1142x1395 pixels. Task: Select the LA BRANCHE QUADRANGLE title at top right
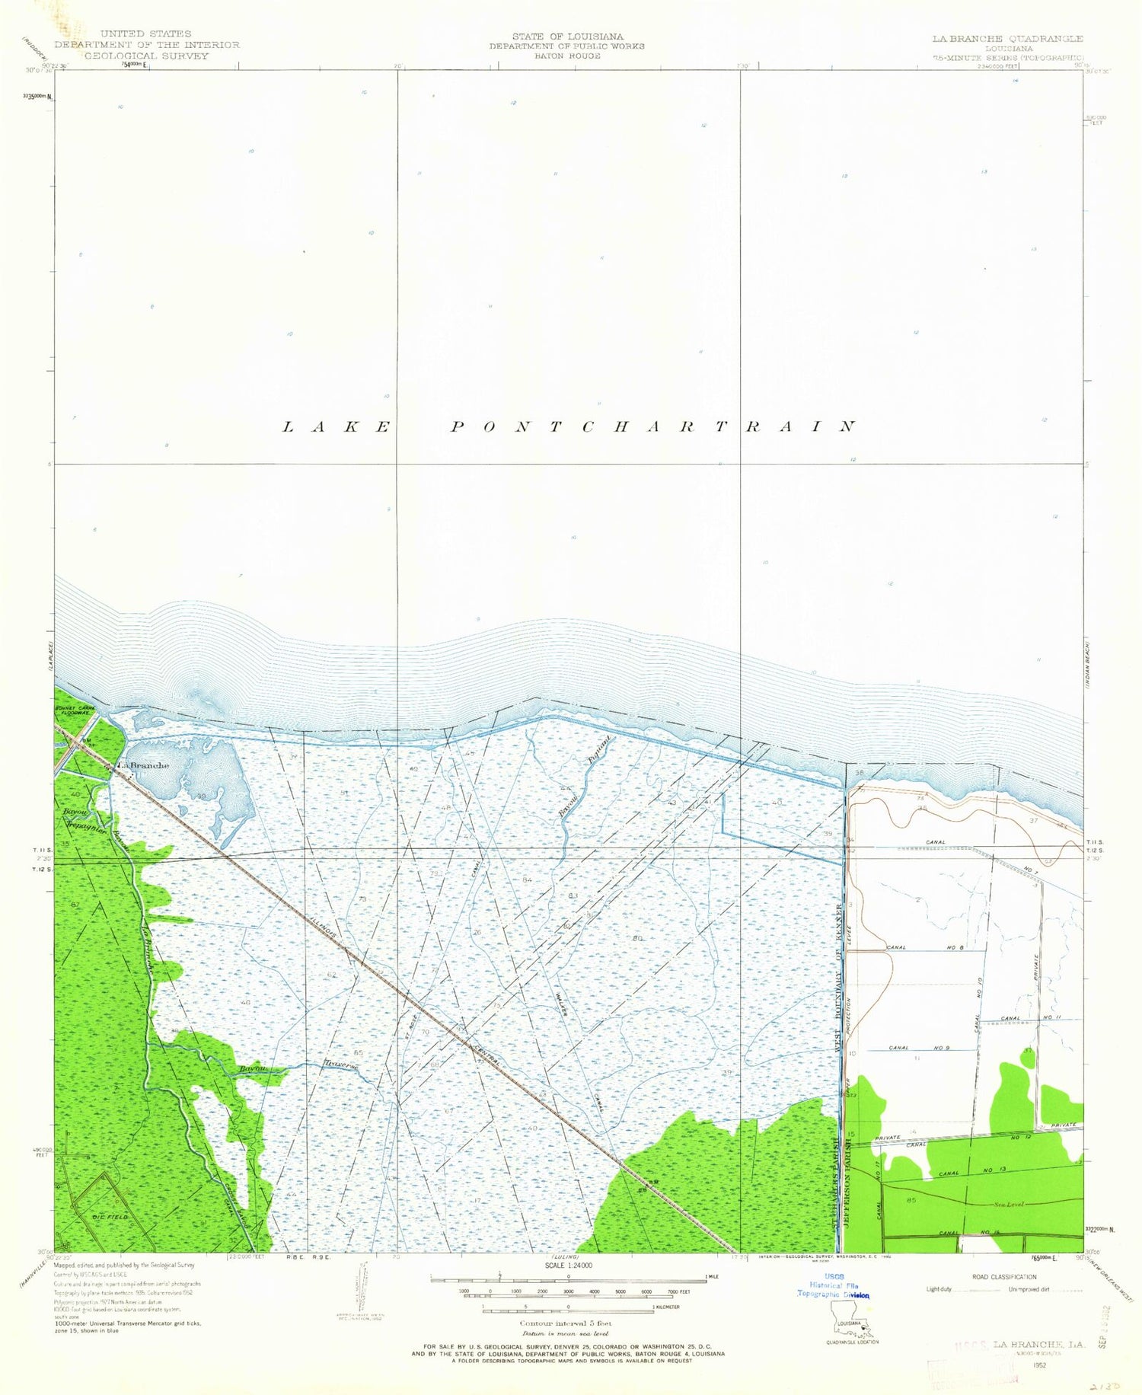(1007, 38)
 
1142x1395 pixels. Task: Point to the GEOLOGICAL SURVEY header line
(145, 56)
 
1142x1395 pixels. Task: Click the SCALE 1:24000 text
(567, 1265)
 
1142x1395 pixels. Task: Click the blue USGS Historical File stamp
(833, 1289)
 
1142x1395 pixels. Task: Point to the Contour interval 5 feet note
(566, 1323)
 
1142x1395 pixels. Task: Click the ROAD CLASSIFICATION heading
(1004, 1277)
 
